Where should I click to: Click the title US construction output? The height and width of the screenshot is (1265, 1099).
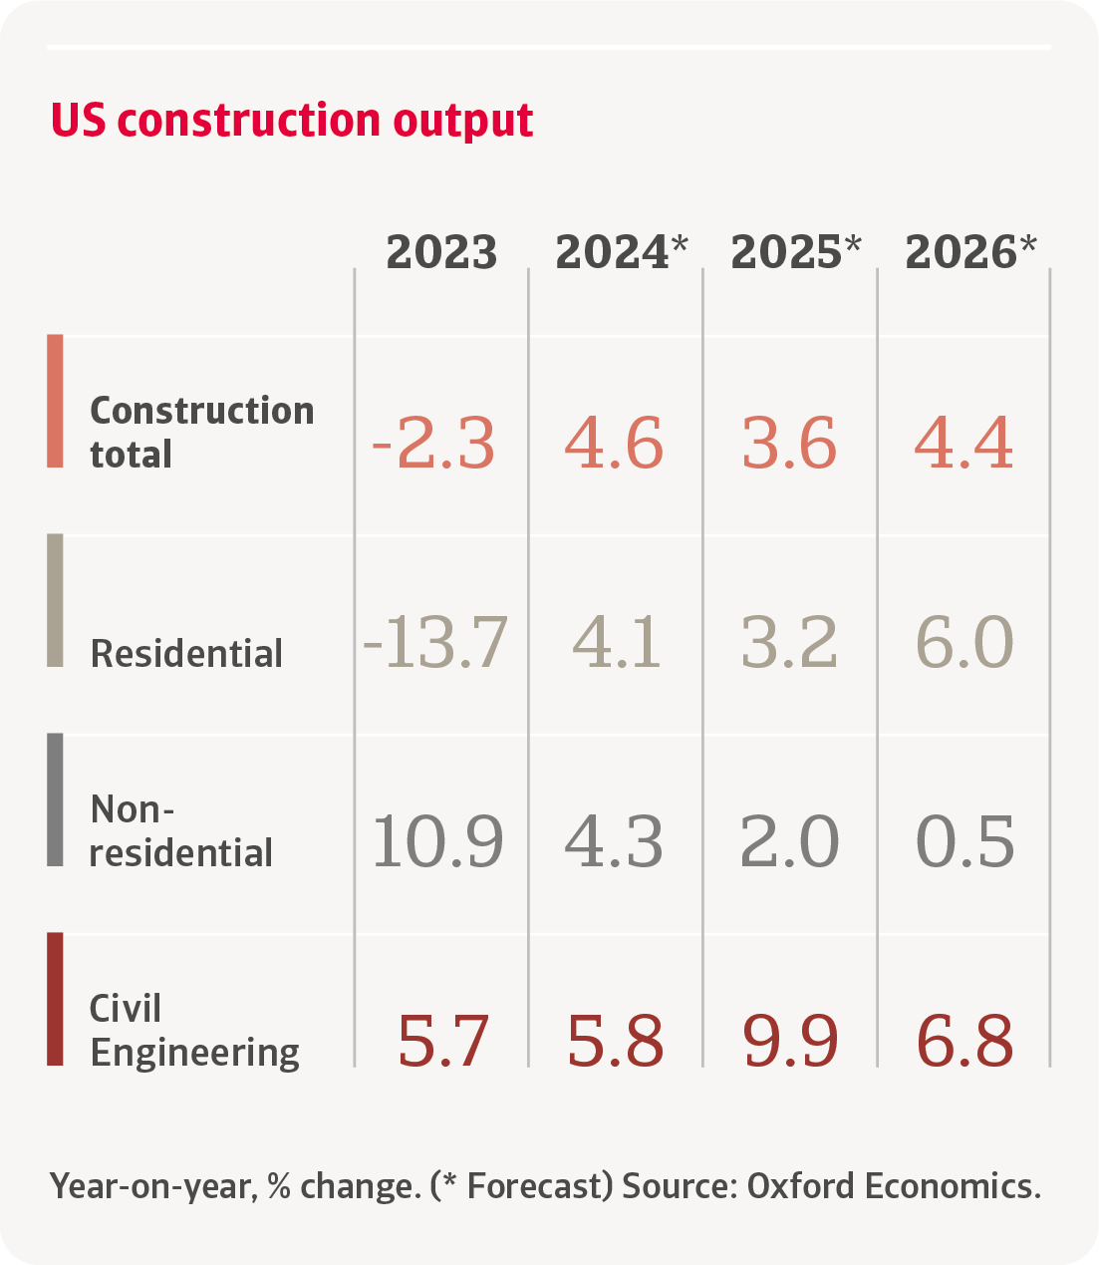coord(292,121)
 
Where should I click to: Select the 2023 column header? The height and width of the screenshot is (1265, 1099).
coord(441,252)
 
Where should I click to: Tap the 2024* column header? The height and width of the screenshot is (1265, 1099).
coord(621,252)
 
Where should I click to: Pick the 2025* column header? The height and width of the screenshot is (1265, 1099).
coord(795,252)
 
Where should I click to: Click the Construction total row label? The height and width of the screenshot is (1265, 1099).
coord(201,432)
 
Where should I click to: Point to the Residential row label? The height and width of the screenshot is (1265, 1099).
coord(186,654)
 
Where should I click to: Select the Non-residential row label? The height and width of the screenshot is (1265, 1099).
coord(180,830)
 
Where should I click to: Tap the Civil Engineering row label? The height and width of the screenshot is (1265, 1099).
coord(194,1030)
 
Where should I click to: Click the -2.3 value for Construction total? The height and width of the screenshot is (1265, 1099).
coord(433,444)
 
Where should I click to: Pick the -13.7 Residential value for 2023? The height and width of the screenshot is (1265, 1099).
coord(435,643)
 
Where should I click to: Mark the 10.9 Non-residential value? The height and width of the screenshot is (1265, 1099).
coord(437,842)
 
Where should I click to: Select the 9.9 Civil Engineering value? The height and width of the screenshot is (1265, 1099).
coord(790,1042)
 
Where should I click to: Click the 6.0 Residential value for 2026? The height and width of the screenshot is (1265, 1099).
coord(964,643)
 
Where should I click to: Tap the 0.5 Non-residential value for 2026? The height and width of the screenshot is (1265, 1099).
coord(964,842)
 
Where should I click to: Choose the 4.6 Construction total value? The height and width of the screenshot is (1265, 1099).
coord(614,444)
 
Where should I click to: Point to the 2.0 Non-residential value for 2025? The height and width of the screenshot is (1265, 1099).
coord(789,842)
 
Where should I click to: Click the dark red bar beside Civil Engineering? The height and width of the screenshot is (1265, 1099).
coord(55,999)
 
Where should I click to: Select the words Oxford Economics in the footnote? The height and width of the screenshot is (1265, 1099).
coord(893,1186)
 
